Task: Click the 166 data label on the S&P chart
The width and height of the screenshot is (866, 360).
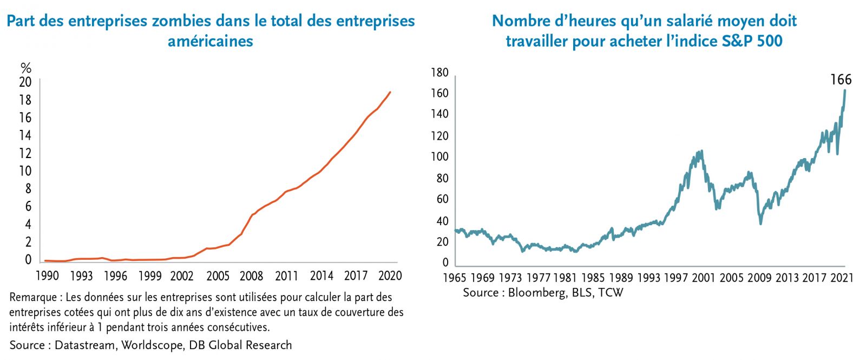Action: tap(841, 80)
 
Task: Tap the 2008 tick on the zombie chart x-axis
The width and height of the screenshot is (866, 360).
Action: tap(252, 276)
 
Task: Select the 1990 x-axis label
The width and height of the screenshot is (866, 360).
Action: tap(47, 276)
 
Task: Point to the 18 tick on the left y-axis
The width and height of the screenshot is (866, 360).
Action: tap(25, 100)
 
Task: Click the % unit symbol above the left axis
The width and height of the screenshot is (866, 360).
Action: tap(26, 68)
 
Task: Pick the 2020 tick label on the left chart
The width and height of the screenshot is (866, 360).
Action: tap(390, 276)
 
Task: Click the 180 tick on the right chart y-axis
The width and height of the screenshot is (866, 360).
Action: tap(439, 73)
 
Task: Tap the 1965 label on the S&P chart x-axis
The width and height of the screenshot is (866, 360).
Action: tap(454, 278)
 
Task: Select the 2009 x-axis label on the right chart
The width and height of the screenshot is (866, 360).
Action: tap(759, 278)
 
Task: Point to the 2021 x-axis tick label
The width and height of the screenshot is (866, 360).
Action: tap(842, 278)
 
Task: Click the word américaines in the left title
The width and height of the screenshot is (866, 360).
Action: tap(211, 41)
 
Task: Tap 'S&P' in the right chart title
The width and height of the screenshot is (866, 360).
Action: tap(735, 41)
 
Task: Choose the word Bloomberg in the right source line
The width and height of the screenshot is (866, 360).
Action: tap(533, 293)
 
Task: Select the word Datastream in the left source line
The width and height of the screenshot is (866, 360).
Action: tap(84, 345)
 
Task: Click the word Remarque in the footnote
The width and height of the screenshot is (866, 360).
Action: tap(32, 297)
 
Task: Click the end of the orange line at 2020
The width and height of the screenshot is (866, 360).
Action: tap(390, 92)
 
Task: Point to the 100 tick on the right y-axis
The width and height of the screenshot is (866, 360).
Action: tap(439, 157)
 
